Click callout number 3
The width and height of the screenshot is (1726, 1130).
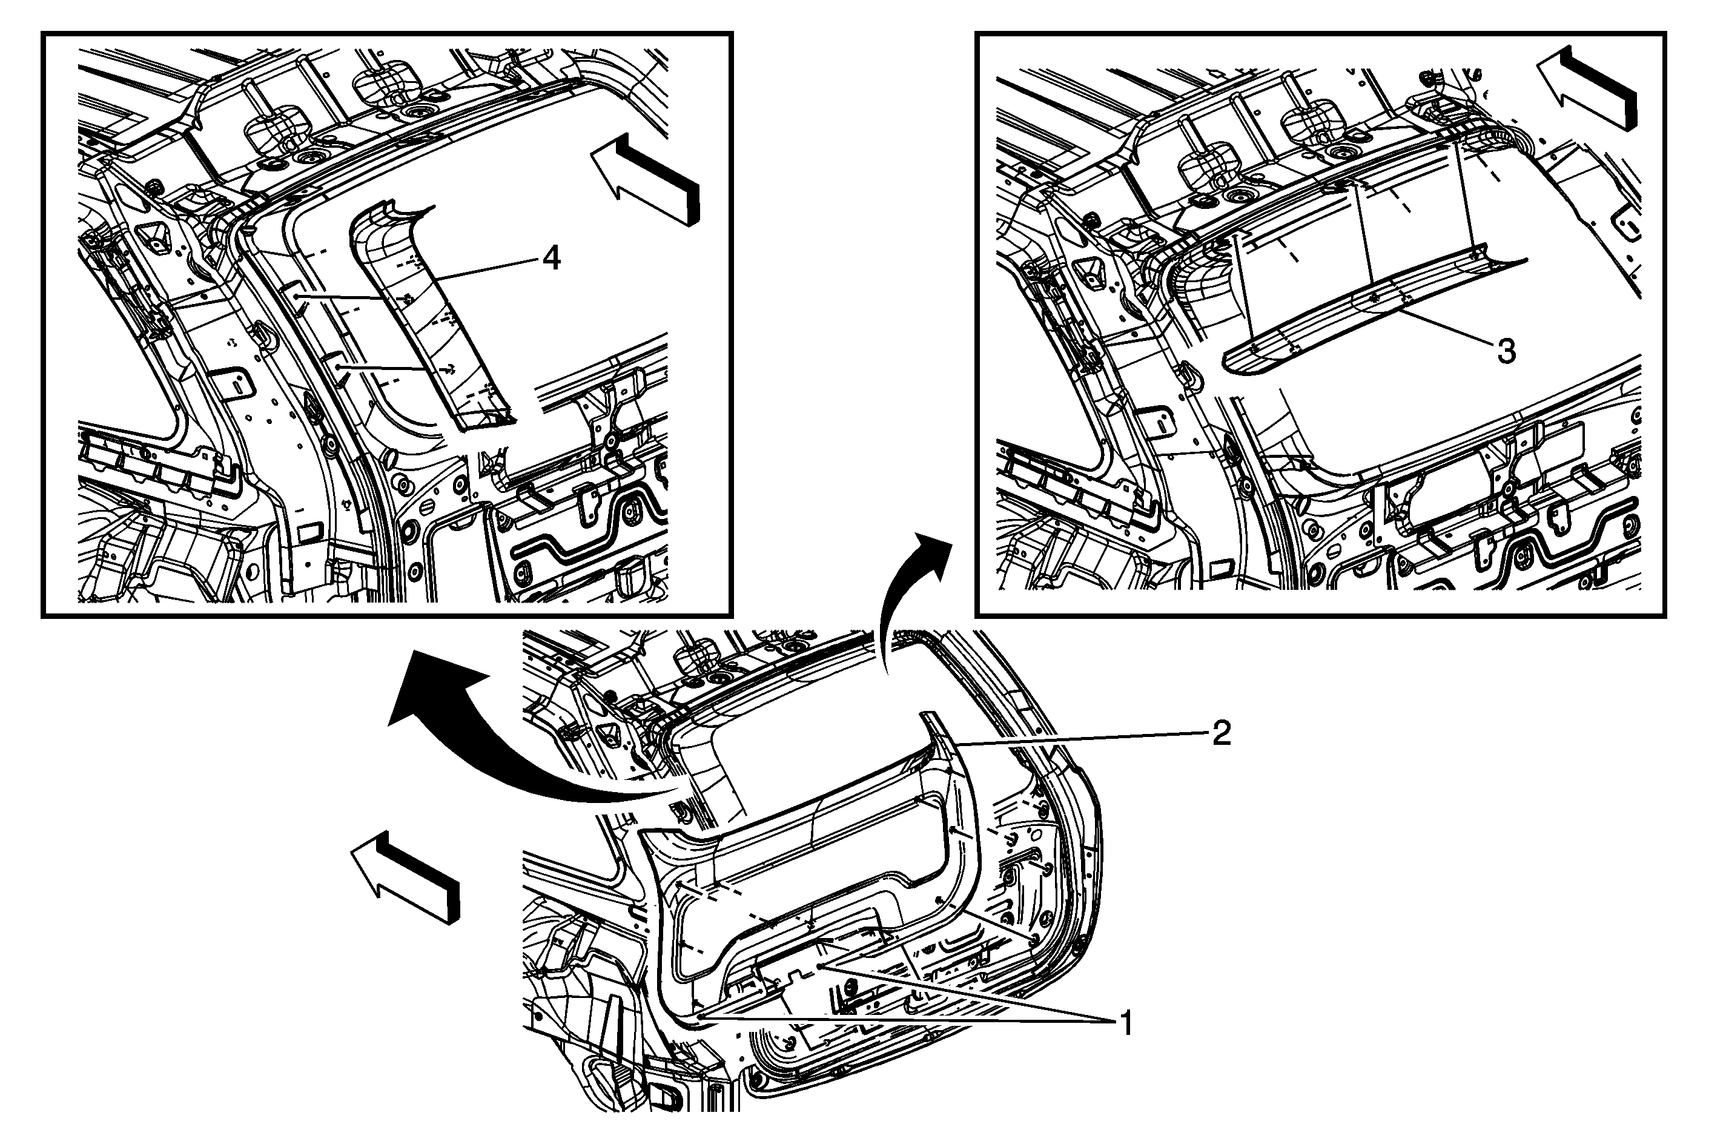1506,352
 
